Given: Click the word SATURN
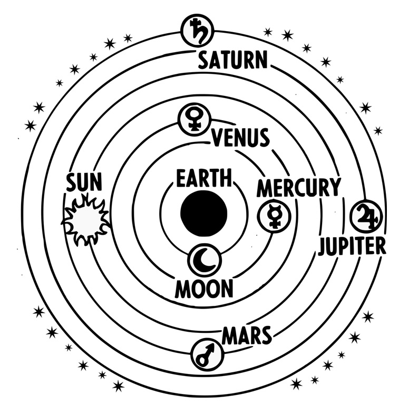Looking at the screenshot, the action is click(x=232, y=60).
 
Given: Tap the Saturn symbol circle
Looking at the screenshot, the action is click(x=198, y=31).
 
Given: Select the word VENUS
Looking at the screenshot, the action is click(x=241, y=137).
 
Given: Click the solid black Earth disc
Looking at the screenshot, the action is click(x=204, y=214).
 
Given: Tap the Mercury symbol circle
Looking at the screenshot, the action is click(x=274, y=216).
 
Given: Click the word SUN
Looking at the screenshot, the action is click(x=84, y=182).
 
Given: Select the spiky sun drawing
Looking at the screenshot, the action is click(x=85, y=220).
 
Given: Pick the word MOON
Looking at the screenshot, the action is click(x=204, y=289).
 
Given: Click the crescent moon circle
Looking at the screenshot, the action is click(x=205, y=260).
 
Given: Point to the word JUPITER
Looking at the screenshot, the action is click(x=352, y=246).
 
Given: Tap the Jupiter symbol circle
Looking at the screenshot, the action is click(x=366, y=216).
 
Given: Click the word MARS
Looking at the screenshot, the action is click(x=247, y=335).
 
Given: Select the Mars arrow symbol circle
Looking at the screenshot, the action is click(x=207, y=355).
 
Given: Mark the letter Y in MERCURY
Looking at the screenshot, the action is click(x=335, y=187).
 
